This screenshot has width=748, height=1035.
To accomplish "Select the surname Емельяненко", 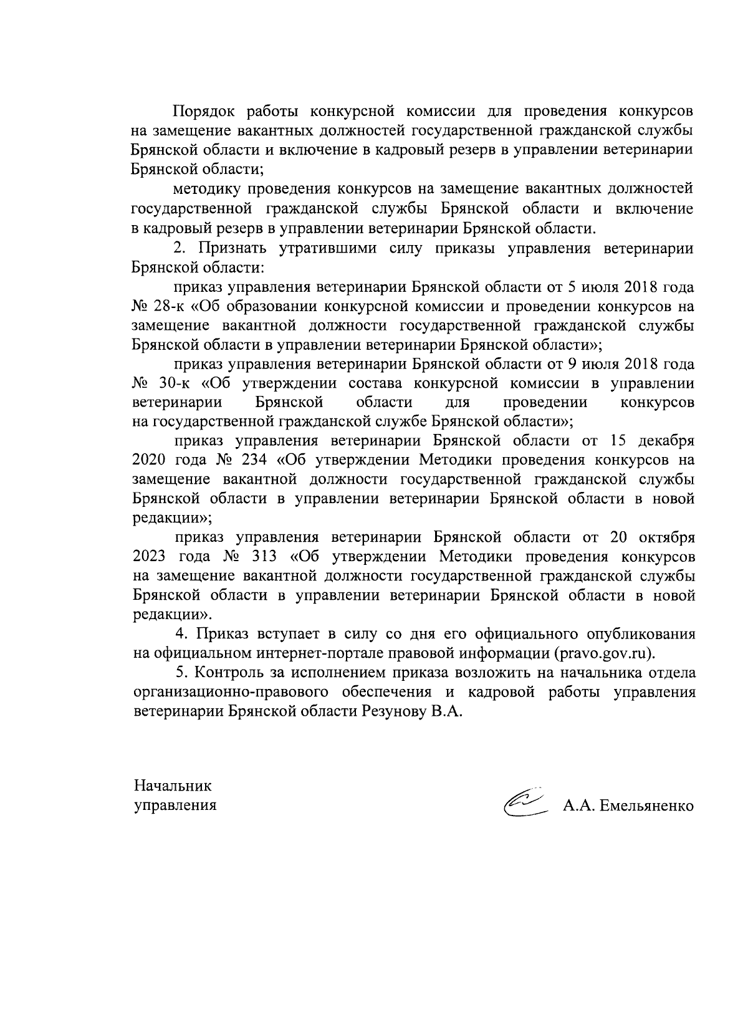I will click(646, 805).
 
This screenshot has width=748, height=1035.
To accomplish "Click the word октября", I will click(667, 537).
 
